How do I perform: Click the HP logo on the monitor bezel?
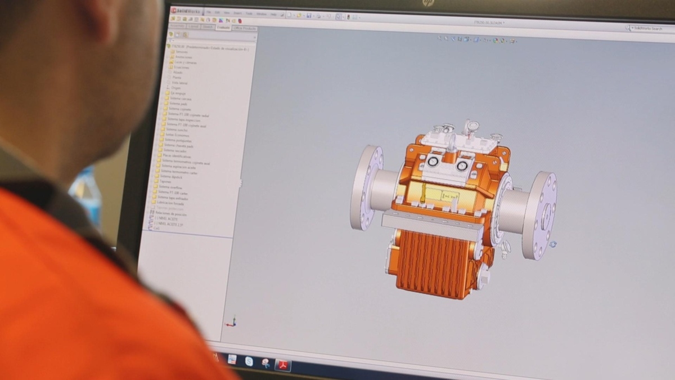point(429,3)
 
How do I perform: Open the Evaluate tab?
point(223,27)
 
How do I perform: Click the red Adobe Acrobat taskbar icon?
point(282,365)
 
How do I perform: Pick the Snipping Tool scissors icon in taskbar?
point(265,363)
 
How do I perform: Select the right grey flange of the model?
point(539,216)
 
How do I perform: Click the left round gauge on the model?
point(433,162)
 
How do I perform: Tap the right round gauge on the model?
point(462,165)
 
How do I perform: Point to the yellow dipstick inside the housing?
point(422,194)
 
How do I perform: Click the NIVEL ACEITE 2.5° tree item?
point(169,224)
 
